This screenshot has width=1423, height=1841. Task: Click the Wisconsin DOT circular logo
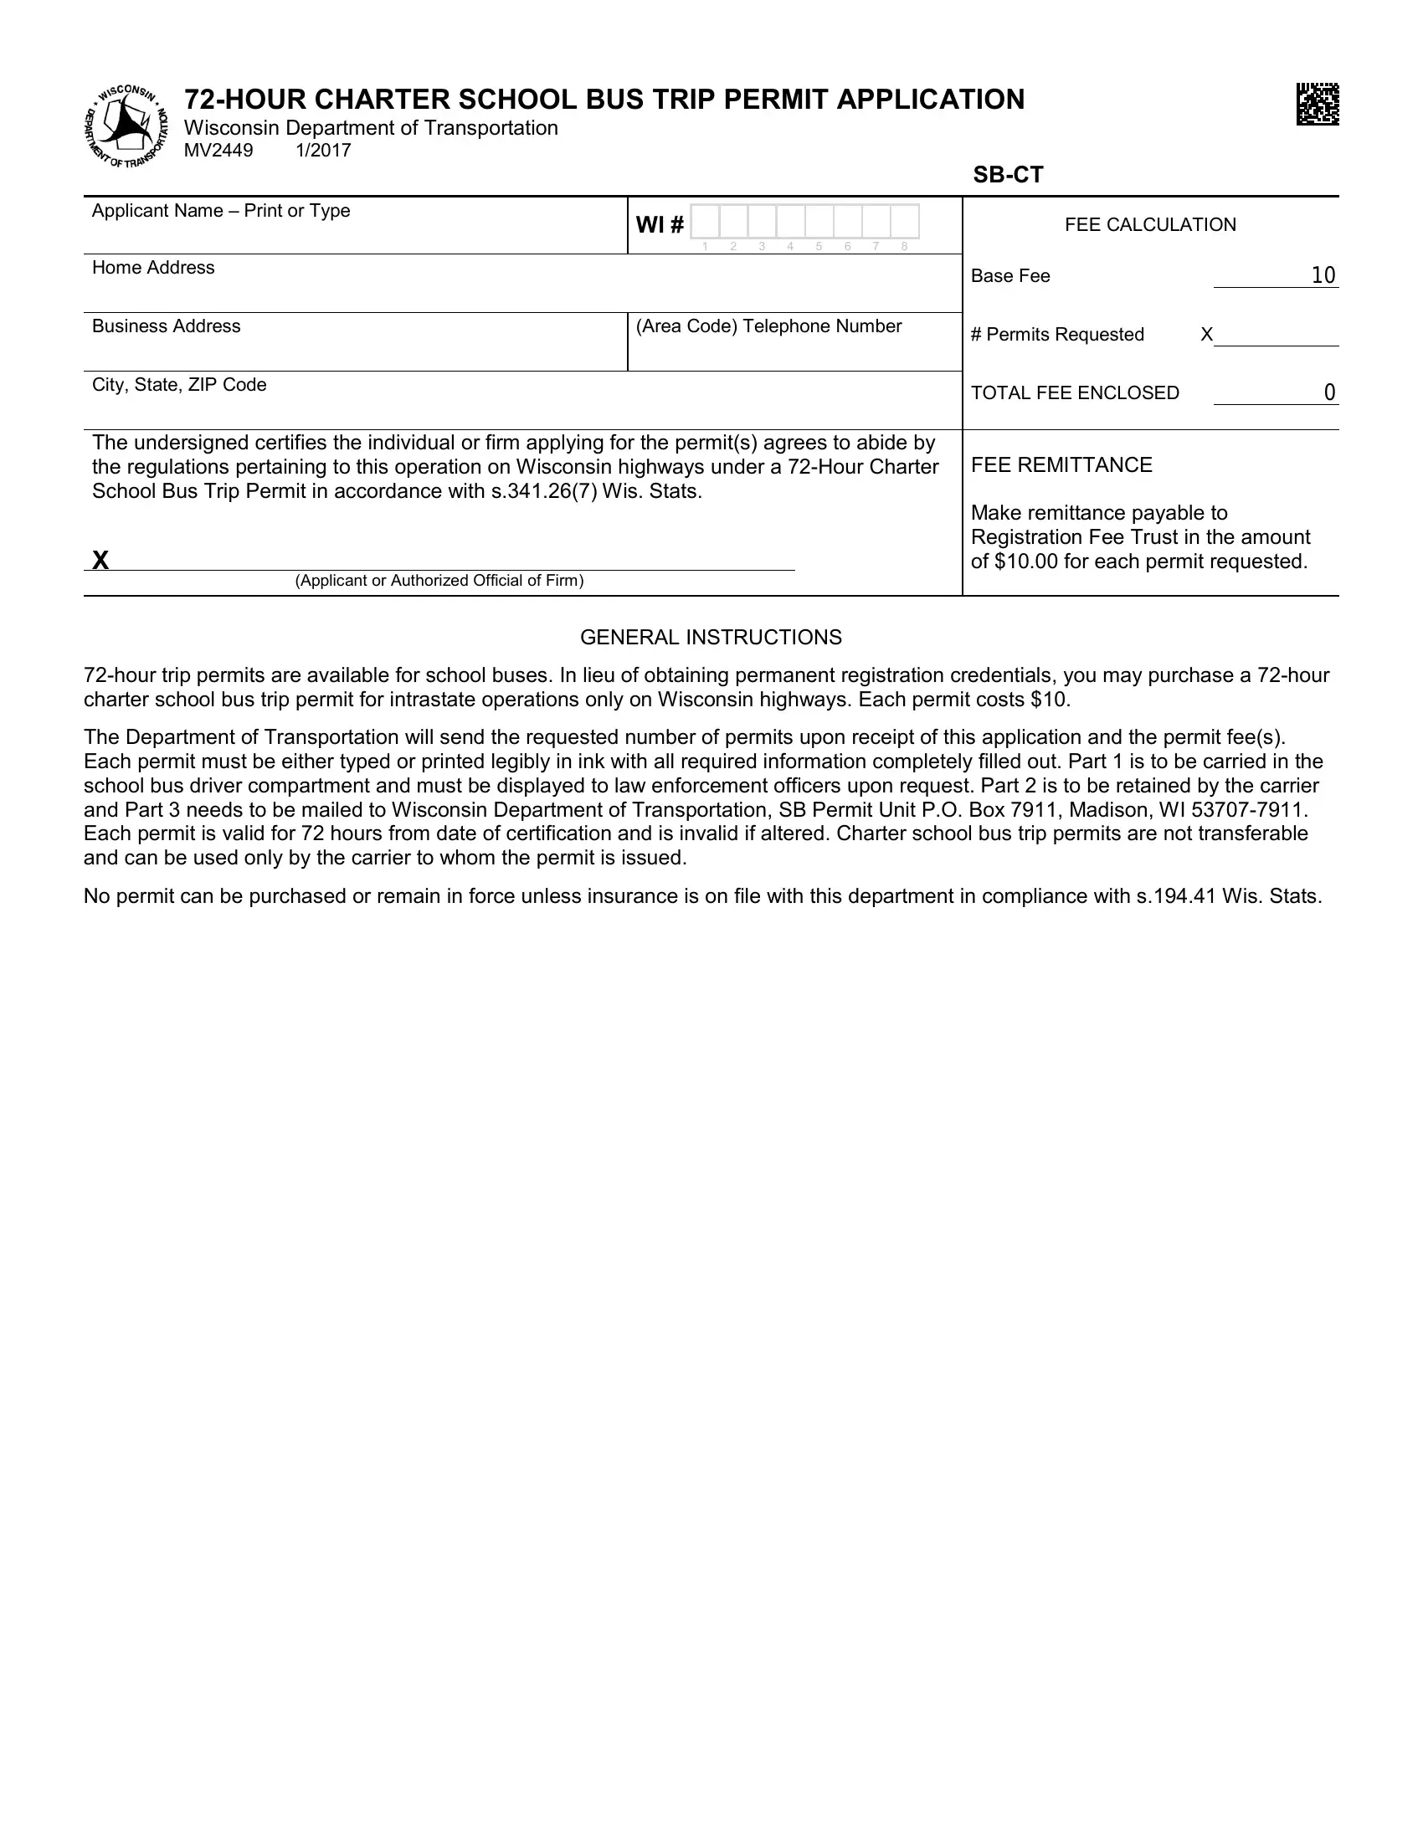coord(126,126)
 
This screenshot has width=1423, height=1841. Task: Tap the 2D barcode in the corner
coord(1317,104)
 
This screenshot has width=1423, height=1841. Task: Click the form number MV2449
coord(218,151)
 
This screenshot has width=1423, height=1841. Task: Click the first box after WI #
coord(705,222)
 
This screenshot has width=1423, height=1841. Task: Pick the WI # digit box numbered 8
coord(905,222)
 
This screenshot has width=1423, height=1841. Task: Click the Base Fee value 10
coord(1323,275)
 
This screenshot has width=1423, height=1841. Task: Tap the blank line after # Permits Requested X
coord(1276,335)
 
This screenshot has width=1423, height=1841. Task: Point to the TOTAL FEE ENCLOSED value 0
coord(1329,392)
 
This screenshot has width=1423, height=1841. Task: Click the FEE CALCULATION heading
coord(1150,224)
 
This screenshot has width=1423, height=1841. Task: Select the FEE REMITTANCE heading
coord(1061,465)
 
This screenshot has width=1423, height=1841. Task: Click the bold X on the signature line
coord(100,561)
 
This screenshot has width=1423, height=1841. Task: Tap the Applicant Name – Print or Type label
coord(221,211)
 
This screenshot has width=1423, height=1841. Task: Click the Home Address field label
coord(153,268)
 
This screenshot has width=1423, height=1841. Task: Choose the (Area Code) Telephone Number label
coord(768,326)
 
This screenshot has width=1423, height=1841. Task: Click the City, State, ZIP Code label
coord(179,385)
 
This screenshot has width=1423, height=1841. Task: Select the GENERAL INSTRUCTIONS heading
coord(711,638)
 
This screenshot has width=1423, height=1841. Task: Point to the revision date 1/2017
coord(323,151)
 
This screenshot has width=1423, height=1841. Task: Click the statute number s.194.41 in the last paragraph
coord(1176,896)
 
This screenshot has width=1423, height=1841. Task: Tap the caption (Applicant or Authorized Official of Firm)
coord(439,581)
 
